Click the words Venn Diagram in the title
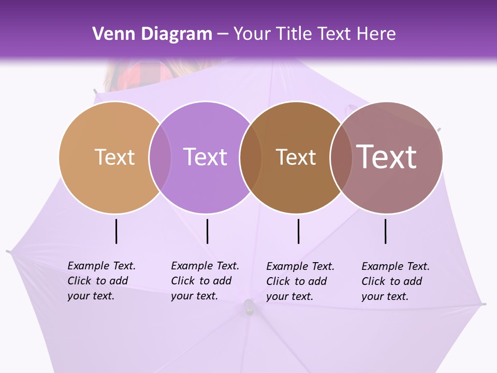[x=152, y=34]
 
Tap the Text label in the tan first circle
[x=114, y=157]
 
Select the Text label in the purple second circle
[x=205, y=157]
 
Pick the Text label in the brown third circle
[x=296, y=157]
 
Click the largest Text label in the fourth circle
[x=386, y=157]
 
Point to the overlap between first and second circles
[x=160, y=157]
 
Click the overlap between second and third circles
[x=251, y=157]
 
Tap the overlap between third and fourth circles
[x=341, y=157]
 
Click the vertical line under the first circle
[x=116, y=231]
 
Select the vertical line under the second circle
[x=207, y=231]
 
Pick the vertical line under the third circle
[x=298, y=231]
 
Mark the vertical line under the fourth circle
[x=385, y=231]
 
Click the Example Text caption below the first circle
[x=101, y=281]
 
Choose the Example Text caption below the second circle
[x=204, y=281]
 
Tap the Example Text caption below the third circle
[x=300, y=281]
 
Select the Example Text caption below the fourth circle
[x=395, y=281]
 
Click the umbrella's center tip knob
[x=249, y=307]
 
